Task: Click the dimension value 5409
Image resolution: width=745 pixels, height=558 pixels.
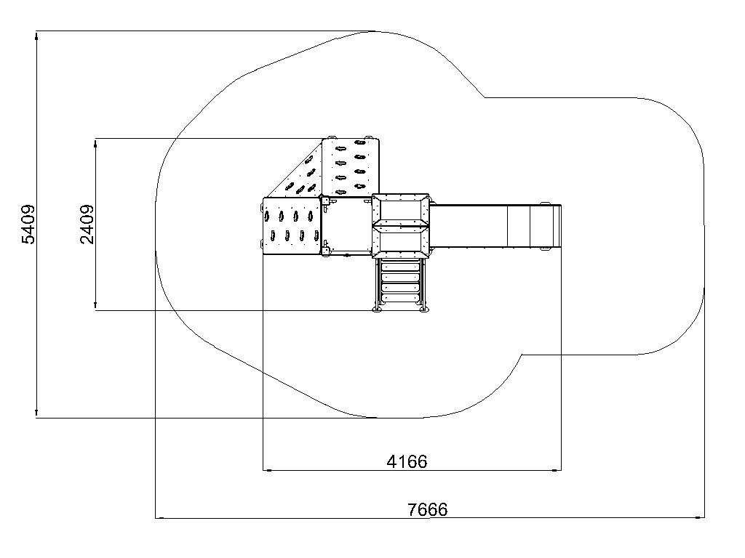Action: pyautogui.click(x=28, y=225)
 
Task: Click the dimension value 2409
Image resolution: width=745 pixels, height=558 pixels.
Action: pyautogui.click(x=87, y=225)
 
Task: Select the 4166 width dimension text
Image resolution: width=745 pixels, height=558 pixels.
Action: pyautogui.click(x=407, y=461)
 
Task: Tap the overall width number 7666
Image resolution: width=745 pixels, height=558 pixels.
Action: pyautogui.click(x=428, y=509)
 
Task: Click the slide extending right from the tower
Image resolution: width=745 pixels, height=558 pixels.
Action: pyautogui.click(x=495, y=227)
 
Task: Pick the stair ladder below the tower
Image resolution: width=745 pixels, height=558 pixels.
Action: pyautogui.click(x=401, y=283)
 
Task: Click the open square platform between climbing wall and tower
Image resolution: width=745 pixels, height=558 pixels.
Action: pyautogui.click(x=347, y=227)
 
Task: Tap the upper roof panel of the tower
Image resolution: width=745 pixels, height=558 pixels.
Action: pyautogui.click(x=401, y=210)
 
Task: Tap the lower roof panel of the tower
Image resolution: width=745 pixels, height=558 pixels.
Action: pyautogui.click(x=401, y=242)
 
